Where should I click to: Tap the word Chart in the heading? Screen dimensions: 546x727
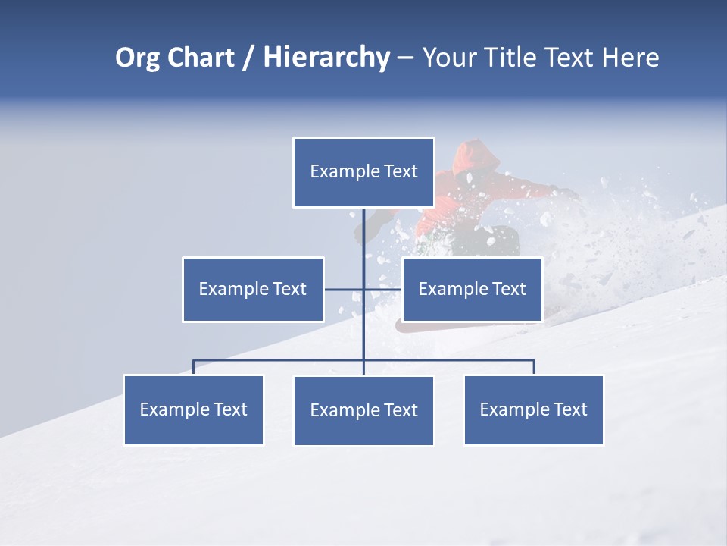pos(198,58)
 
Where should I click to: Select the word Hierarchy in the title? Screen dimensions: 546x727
pos(326,58)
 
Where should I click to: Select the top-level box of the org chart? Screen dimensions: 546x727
pos(363,172)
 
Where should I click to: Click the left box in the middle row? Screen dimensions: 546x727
pos(253,289)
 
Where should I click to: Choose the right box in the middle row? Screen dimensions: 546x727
pos(472,289)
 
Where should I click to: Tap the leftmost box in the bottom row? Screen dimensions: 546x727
pos(194,409)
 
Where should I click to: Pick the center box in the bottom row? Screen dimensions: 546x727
pos(363,410)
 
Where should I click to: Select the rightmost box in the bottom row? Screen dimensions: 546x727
pos(533,409)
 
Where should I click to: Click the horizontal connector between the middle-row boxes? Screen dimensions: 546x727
pos(345,289)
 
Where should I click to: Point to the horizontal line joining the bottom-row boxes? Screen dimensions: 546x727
pos(280,360)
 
